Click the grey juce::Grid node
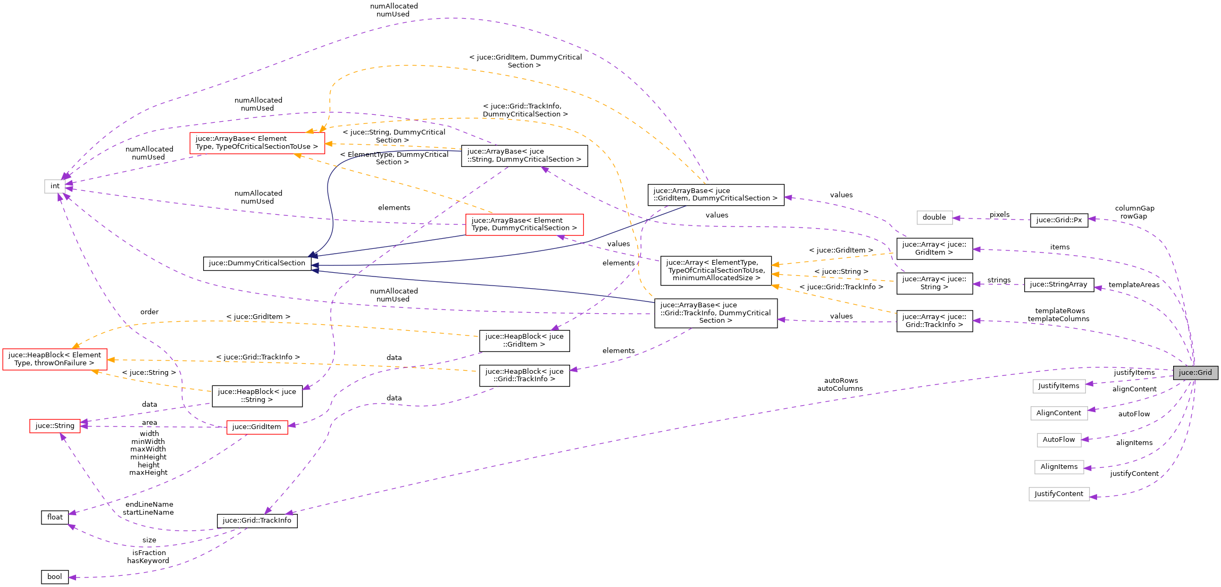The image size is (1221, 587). coord(1195,373)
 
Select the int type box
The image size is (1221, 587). coord(55,186)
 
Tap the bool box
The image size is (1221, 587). coord(55,577)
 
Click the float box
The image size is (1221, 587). coord(55,517)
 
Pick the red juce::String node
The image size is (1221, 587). coord(55,426)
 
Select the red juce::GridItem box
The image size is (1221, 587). coord(257,427)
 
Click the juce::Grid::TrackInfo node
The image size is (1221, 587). coord(257,521)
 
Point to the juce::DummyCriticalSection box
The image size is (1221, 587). coord(257,263)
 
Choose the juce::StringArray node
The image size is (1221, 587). coord(1058,284)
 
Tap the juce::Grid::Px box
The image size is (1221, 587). coord(1059,220)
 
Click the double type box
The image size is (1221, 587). coord(934,217)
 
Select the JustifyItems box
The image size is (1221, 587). coord(1058,386)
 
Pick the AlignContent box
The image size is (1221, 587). coord(1058,413)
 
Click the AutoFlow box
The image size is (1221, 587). coord(1058,440)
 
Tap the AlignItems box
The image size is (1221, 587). coord(1059,467)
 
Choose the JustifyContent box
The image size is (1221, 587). coord(1058,494)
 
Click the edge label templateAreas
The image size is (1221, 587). coord(1134,285)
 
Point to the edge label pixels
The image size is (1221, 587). coord(999,215)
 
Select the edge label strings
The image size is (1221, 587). coord(999,280)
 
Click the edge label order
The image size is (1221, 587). coord(149,312)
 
